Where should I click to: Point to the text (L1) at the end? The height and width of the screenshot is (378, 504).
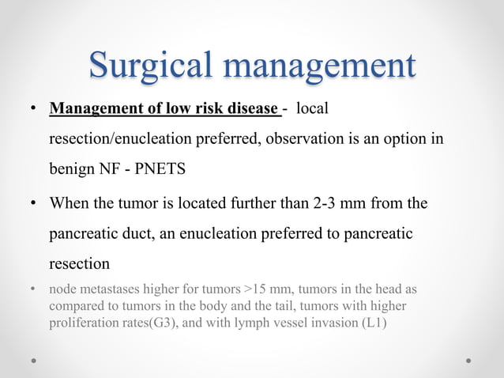(x=372, y=323)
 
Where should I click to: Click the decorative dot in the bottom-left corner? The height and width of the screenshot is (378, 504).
(x=36, y=360)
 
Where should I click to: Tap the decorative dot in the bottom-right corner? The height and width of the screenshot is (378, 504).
(x=468, y=360)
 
